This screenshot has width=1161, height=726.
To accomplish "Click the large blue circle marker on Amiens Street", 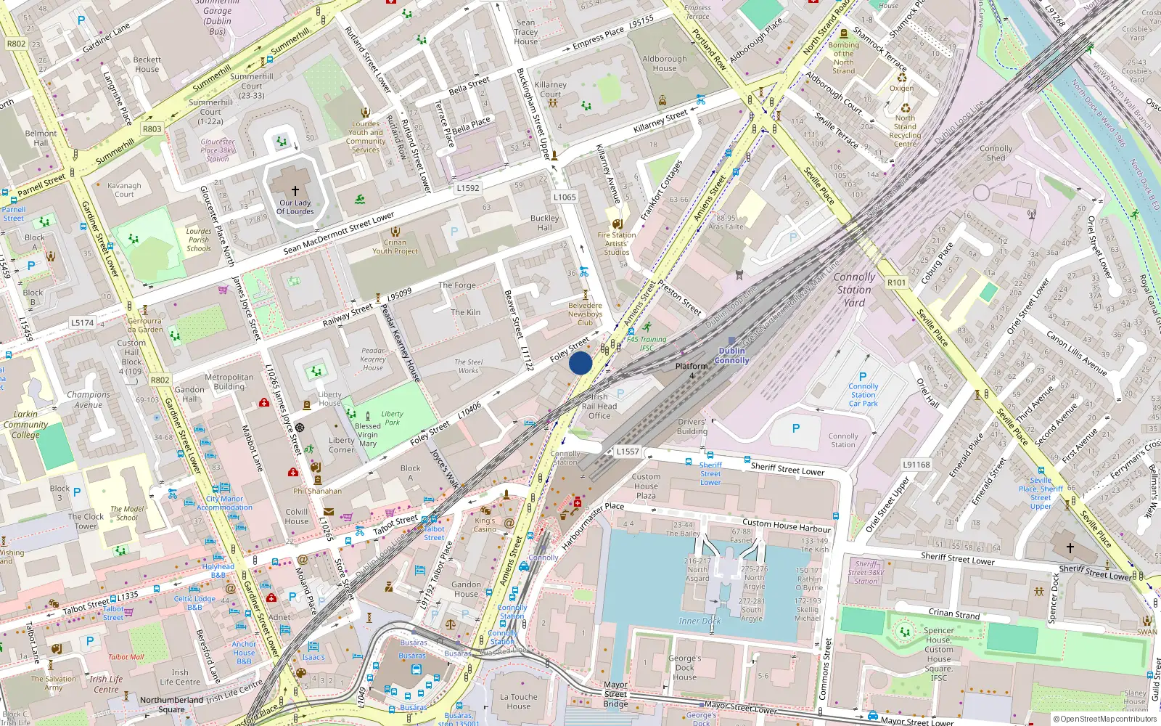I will pos(580,363).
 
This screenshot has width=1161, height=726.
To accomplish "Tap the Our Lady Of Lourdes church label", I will pos(295,208).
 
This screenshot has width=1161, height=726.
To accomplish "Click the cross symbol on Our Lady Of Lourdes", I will pos(295,190).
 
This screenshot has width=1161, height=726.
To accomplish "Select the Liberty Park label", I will pos(392,417).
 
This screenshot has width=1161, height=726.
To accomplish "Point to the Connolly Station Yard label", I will pos(854,290).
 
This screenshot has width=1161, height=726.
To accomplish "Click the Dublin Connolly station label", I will pos(731,355).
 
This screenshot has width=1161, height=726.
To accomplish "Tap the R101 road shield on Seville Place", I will pos(896,282).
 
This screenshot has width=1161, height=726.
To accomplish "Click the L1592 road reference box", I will pos(468,188).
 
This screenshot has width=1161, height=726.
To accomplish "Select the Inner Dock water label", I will pos(700,621).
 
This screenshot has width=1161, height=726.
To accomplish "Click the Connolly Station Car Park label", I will pos(863,395).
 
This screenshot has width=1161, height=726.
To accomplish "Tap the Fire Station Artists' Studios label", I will pos(617,243).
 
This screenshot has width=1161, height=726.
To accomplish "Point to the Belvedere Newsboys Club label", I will pos(585,314).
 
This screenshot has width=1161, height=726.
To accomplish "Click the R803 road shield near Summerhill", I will pos(152,129).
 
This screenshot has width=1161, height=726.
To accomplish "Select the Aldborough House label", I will pos(664,64).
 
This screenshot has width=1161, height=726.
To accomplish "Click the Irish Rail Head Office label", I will pos(599,406).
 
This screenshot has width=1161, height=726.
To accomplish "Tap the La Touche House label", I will pos(519,701).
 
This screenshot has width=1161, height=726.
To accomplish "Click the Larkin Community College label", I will pos(25,424).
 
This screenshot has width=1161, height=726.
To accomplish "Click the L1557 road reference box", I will pos(628,452).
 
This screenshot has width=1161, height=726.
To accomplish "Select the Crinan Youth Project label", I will pos(395,247).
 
